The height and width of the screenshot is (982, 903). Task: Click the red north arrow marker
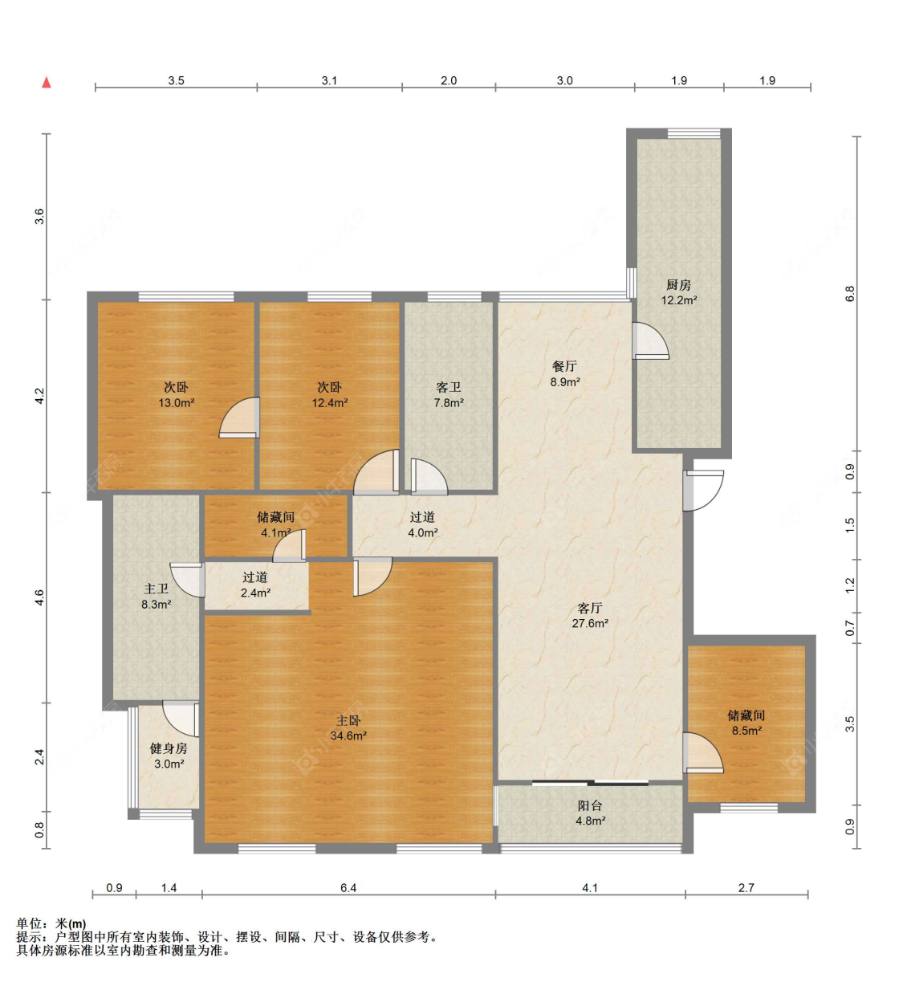tap(47, 82)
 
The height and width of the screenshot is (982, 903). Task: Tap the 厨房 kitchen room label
tap(679, 284)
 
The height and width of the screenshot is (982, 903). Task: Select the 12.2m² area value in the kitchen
tap(679, 300)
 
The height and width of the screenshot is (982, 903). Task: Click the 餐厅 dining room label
tap(565, 366)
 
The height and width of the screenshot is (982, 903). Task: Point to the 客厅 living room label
tap(590, 608)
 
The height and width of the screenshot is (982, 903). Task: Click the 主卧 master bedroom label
tap(348, 720)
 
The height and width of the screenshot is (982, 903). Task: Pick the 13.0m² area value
tap(177, 403)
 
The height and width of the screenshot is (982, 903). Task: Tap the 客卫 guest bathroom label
tap(449, 387)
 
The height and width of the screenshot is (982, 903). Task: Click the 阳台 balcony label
tap(590, 805)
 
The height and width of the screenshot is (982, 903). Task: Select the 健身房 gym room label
tap(169, 748)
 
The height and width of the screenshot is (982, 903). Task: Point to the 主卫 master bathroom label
tap(157, 589)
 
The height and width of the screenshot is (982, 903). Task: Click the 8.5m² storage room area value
tap(746, 731)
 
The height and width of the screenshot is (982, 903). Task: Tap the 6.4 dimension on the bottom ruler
tap(348, 887)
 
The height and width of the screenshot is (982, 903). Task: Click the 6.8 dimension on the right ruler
tap(850, 293)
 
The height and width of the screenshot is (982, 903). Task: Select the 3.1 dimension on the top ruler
tap(329, 80)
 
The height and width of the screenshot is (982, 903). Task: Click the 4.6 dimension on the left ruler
tap(39, 597)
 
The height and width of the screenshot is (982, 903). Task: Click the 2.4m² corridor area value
tap(255, 593)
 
